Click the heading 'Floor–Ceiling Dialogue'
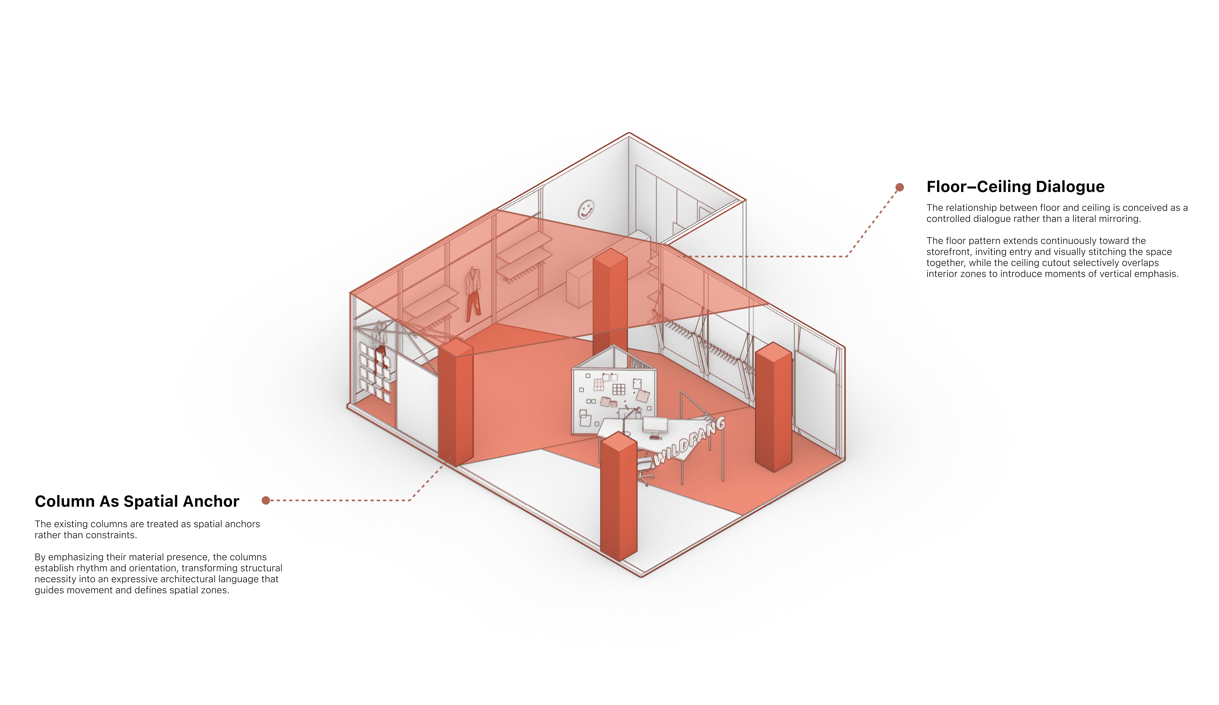point(1015,187)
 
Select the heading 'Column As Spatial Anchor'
point(137,501)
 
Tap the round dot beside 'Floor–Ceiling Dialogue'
point(899,187)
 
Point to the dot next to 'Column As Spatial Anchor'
point(266,500)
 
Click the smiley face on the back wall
point(586,209)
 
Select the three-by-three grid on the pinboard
point(619,389)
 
